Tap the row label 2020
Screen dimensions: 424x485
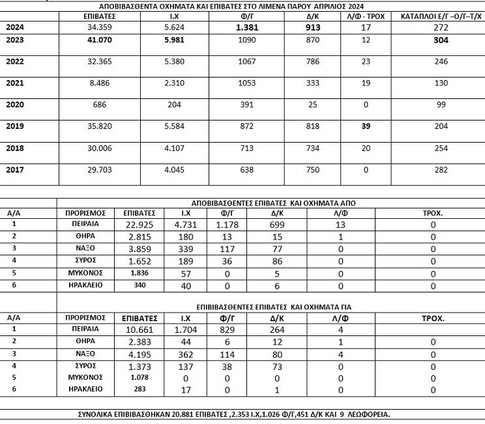tap(15, 104)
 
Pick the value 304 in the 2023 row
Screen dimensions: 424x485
tap(437, 40)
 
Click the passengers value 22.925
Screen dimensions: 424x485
tap(138, 225)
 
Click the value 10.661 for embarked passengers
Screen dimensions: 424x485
tap(138, 330)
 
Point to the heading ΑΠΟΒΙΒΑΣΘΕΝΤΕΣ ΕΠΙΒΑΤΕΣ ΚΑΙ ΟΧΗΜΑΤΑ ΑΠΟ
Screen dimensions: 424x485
tap(274, 203)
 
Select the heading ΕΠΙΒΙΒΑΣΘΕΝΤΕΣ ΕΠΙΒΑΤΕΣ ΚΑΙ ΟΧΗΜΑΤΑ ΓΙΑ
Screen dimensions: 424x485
tap(274, 305)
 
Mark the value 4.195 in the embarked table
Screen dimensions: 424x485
tap(138, 354)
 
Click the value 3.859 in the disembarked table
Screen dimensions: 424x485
tap(138, 249)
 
